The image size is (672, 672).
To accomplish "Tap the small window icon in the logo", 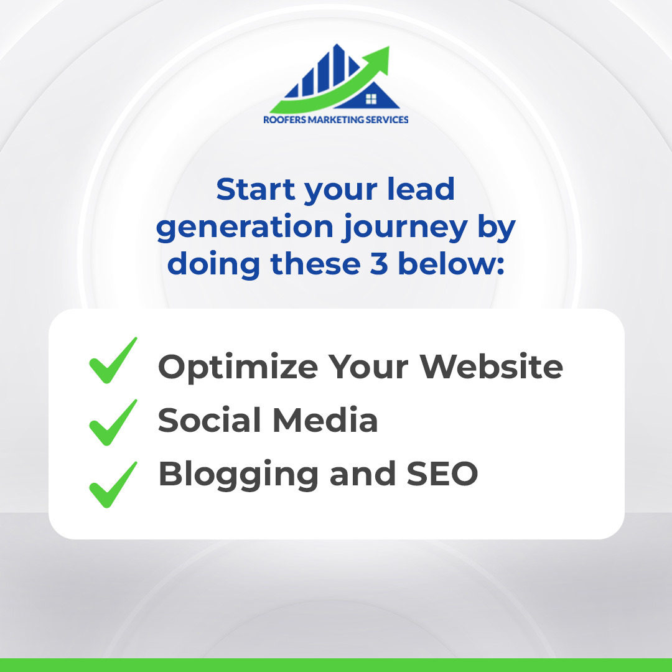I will (371, 98).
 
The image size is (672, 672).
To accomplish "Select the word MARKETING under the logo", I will (339, 119).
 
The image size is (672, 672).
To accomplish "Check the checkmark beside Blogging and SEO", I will (113, 484).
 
